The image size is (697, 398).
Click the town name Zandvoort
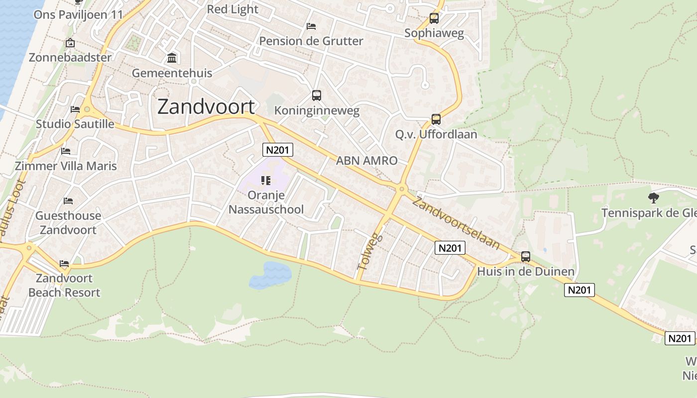click(206, 107)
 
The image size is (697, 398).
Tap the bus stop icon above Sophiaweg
click(434, 18)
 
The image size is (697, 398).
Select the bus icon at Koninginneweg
click(317, 96)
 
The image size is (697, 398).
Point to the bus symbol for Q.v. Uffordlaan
click(436, 119)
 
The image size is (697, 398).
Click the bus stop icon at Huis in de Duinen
click(526, 257)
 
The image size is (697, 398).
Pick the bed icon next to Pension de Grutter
click(311, 26)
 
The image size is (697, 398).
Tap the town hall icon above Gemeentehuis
click(172, 58)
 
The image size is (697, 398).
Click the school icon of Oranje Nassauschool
click(266, 180)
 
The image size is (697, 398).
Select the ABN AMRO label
click(367, 161)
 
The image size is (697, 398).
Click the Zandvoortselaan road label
click(456, 222)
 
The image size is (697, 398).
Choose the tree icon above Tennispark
click(653, 198)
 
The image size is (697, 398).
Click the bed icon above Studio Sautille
click(75, 109)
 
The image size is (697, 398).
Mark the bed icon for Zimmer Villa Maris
click(66, 151)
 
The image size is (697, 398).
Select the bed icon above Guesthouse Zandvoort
click(68, 201)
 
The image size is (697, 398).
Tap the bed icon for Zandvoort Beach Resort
click(64, 263)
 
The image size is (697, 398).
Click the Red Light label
click(232, 9)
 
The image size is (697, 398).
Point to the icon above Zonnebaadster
click(70, 43)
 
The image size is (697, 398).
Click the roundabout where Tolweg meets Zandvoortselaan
click(402, 189)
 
